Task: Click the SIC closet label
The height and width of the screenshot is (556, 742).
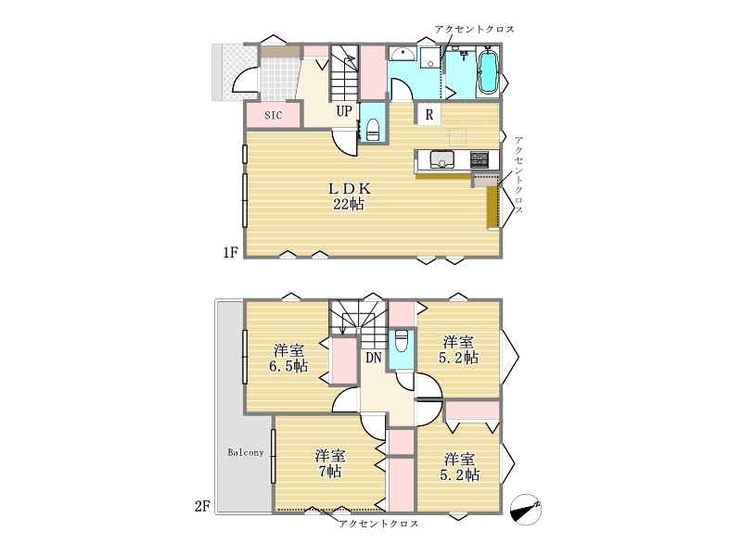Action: tap(273, 115)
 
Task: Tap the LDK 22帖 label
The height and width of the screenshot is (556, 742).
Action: tap(350, 196)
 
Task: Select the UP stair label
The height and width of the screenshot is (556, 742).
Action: tap(344, 111)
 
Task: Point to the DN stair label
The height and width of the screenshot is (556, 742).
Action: tap(374, 358)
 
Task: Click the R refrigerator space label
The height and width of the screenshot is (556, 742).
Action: tap(429, 114)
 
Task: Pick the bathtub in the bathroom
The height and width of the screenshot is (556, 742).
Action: tap(488, 71)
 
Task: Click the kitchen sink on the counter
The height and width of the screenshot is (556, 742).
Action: tap(442, 159)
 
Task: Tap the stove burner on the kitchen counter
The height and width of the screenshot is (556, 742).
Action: tap(479, 159)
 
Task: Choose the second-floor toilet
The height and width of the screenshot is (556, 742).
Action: tap(402, 341)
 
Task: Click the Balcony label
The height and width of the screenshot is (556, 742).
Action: tap(246, 452)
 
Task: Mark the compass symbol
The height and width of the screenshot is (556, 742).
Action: tap(526, 510)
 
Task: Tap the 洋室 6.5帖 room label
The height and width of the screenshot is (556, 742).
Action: tap(288, 359)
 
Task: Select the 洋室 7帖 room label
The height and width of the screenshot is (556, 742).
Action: tap(330, 464)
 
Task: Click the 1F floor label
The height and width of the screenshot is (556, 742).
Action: tap(230, 253)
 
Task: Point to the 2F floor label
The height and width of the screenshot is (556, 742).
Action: tap(202, 506)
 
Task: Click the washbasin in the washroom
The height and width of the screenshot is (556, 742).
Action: tap(403, 54)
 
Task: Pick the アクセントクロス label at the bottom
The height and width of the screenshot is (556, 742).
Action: tap(378, 524)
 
